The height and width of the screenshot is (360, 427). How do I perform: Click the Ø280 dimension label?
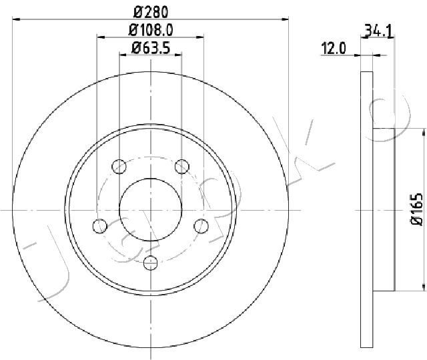coord(151,12)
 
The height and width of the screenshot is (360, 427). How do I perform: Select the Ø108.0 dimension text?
coord(151,30)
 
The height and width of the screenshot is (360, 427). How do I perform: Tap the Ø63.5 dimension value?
coord(151,48)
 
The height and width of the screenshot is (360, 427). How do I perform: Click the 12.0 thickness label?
coord(334,49)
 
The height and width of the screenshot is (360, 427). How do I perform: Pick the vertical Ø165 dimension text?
coord(416,209)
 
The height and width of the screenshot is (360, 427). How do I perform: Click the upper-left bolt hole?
coord(119,166)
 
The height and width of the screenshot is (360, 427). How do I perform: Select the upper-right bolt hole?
coord(182,166)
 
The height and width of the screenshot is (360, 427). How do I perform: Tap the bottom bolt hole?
coord(150,263)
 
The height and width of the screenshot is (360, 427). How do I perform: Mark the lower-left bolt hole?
coord(99,226)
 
